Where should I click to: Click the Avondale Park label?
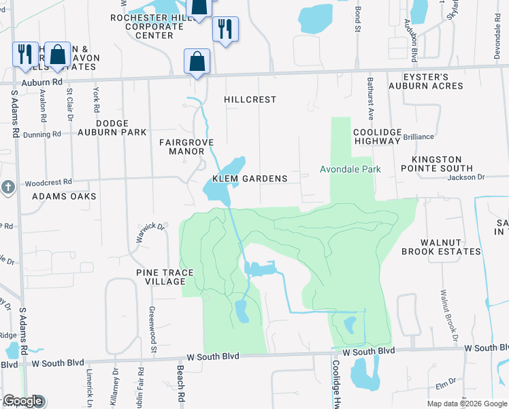coord(350,169)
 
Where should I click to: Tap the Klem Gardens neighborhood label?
coord(250,179)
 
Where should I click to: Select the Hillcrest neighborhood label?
coord(250,100)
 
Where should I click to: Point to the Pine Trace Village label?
coord(165,277)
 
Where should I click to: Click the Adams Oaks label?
coord(65,196)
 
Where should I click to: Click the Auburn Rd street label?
coord(43,81)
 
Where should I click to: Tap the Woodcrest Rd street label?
coord(48,183)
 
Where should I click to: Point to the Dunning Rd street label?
coord(42,135)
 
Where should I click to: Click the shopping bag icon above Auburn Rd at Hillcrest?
coord(197,61)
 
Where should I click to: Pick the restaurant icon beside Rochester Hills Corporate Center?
coord(225,29)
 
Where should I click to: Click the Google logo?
coord(22,401)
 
